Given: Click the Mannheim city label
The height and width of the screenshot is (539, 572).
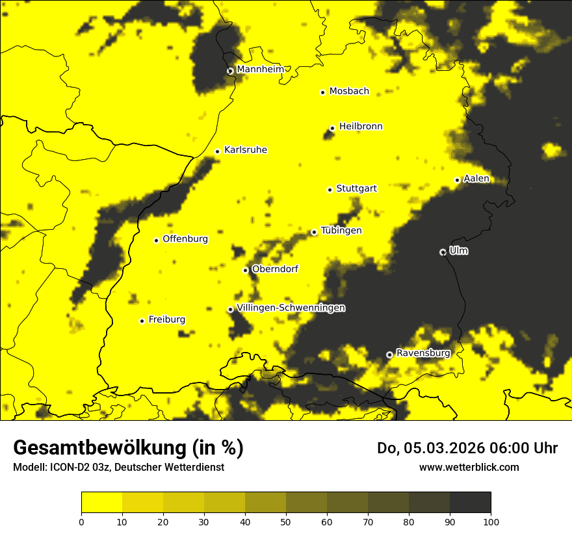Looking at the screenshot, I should coord(261,69).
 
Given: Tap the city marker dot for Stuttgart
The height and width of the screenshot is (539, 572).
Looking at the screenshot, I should coord(330,190).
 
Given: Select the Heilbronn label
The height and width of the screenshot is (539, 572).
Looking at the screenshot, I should coord(361,127).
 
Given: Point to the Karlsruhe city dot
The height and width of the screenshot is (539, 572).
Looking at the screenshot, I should coord(217,151).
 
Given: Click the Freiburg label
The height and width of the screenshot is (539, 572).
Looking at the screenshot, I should coord(166,320).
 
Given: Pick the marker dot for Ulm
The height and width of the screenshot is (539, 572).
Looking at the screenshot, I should coord(443,252).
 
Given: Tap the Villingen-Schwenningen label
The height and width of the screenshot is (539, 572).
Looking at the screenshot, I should coord(291,308).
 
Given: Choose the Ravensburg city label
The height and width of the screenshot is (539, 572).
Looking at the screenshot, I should coord(423,353).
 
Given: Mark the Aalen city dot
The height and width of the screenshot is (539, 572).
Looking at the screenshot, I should coord(457,180).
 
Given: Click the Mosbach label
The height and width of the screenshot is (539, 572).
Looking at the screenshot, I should coord(349,92).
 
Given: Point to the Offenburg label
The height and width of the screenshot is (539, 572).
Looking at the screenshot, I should coord(185,239).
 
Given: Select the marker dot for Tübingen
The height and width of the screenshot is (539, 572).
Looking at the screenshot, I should coord(314,232).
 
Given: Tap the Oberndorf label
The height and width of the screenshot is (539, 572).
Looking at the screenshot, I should coord(275,269).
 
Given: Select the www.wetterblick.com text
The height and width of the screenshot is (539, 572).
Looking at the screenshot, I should coord(469,467).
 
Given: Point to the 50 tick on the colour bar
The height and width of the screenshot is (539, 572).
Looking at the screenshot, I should coord(286,521).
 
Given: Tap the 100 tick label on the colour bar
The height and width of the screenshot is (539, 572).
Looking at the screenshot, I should coord(491,521).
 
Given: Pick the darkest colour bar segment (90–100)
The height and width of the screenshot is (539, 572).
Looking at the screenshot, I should coord(470,502).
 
